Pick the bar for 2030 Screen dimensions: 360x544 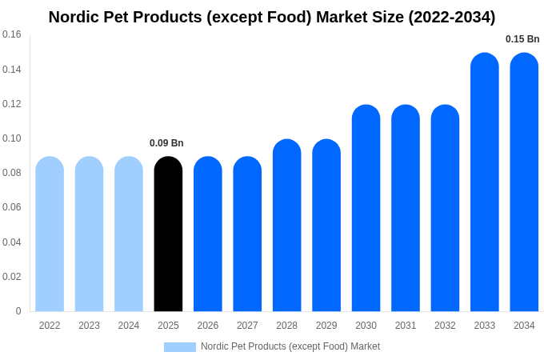[x=366, y=208]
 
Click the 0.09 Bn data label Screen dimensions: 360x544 [x=166, y=143]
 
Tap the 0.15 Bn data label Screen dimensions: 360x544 [x=522, y=39]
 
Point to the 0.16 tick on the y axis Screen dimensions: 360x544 [x=12, y=34]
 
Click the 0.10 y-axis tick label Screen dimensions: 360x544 [x=12, y=138]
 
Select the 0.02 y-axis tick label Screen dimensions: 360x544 [x=12, y=277]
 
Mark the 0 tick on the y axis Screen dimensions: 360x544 [x=18, y=311]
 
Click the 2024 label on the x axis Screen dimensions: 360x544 [x=129, y=326]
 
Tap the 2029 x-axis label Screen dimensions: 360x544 [x=326, y=326]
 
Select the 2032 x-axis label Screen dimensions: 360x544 [x=445, y=326]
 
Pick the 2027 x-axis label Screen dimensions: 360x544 [x=247, y=326]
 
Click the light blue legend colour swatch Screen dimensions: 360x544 [x=180, y=346]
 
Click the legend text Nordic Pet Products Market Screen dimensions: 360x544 [x=290, y=346]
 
